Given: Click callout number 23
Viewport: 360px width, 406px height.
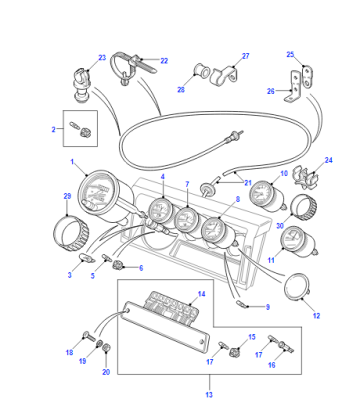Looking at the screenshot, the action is coord(102,58).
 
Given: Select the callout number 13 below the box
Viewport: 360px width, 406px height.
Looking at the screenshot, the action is coord(209,395).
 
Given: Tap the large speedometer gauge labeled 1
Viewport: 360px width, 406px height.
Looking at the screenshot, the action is coord(100,197).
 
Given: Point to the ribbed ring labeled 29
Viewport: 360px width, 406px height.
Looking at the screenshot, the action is coord(72,233).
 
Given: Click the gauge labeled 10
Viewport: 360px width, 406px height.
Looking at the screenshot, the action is coord(268,196).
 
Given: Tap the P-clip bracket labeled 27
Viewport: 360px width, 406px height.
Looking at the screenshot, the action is coord(225,76).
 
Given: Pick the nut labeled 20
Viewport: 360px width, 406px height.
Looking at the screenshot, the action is coord(106,348).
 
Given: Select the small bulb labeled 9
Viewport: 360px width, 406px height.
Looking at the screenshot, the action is coord(240,304).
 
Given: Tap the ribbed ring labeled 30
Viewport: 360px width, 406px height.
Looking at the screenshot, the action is coord(304,207).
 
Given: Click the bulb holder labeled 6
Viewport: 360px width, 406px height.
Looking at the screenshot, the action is coord(119,265).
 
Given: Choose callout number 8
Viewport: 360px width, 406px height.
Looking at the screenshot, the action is coord(238,200).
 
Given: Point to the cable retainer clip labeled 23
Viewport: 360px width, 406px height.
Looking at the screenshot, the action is coord(82,85).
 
